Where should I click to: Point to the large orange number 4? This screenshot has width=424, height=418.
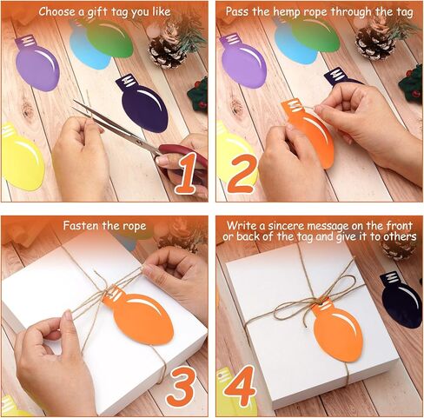tap(240, 387)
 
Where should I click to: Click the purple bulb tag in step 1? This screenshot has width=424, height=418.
tap(36, 63)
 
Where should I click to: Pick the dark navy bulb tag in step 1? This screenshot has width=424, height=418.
tap(143, 104)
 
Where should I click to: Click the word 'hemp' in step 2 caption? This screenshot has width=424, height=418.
tap(288, 12)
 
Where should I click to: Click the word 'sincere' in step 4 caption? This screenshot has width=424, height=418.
tap(285, 226)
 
